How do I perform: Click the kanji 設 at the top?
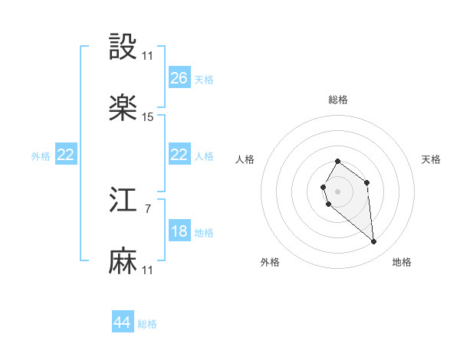[x=123, y=47]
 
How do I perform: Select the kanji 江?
[x=123, y=201]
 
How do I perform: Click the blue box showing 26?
[x=179, y=78]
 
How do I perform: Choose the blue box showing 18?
[x=179, y=231]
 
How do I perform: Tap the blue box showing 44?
[x=123, y=322]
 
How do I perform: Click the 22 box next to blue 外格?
[x=66, y=155]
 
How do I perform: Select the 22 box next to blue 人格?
[x=179, y=155]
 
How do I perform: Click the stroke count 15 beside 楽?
[x=148, y=117]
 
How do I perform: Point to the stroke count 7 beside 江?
[x=148, y=208]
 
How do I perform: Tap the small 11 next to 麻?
[x=148, y=270]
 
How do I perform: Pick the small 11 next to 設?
[x=148, y=56]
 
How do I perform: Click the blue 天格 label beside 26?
[x=204, y=79]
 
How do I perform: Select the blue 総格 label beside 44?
[x=147, y=324]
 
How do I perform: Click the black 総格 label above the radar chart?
[x=338, y=100]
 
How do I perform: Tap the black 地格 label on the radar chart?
[x=402, y=262]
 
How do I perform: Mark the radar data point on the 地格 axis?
[x=374, y=242]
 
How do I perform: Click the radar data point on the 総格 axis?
[x=338, y=162]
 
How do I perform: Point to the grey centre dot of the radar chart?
[x=338, y=190]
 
